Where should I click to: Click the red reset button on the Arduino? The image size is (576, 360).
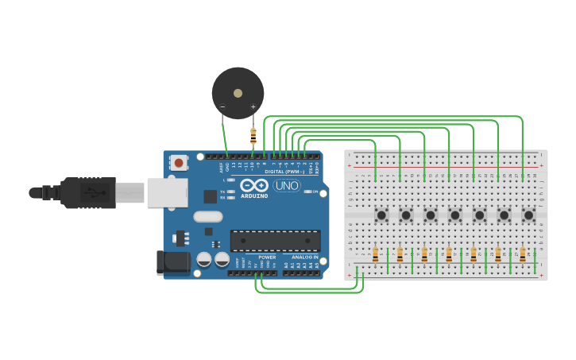click(x=179, y=163)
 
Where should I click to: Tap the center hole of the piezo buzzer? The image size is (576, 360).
click(x=238, y=93)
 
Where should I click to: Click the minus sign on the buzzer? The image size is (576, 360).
click(x=222, y=106)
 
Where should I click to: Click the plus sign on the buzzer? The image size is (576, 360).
click(x=253, y=106)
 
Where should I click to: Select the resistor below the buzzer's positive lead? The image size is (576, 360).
click(x=253, y=136)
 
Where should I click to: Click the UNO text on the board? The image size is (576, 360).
click(x=286, y=185)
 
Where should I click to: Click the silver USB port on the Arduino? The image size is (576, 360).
click(x=168, y=192)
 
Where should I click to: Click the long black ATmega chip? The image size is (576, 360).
click(x=275, y=240)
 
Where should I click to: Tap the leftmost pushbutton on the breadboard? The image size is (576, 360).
click(x=381, y=215)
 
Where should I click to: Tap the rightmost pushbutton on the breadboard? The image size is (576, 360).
click(x=528, y=215)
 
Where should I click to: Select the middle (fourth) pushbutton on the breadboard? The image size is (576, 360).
click(x=455, y=215)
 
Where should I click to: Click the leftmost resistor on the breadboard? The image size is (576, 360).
click(x=376, y=254)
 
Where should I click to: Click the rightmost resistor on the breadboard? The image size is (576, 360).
click(x=523, y=254)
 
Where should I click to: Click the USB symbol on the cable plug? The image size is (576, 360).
click(x=91, y=192)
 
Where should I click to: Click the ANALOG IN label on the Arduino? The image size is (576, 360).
click(x=304, y=257)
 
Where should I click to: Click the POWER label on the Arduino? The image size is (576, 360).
click(x=268, y=257)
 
